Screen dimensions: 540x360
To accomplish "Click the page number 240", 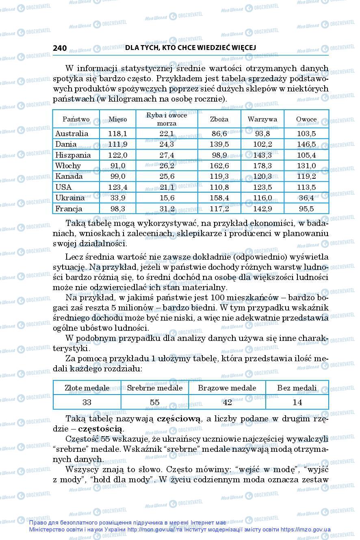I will [x=60, y=48].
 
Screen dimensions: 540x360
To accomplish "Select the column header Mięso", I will [x=117, y=119].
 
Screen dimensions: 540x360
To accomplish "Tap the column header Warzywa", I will [x=262, y=119].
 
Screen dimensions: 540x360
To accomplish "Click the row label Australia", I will [x=72, y=134].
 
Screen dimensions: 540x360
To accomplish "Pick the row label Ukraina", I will [x=70, y=198].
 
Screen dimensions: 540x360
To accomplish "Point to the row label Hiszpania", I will [x=73, y=155].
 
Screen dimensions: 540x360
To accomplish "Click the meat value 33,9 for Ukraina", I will [x=117, y=198].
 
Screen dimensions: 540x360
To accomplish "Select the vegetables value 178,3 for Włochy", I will [x=262, y=166].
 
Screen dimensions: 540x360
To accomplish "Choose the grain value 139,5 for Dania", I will [x=220, y=144].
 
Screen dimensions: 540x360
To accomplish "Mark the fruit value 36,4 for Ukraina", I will [x=306, y=198].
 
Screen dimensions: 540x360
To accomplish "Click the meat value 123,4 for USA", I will [x=117, y=187].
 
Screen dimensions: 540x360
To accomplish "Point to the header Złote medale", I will [x=87, y=388].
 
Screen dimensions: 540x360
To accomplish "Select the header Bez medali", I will [x=297, y=388].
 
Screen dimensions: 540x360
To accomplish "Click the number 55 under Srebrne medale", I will [x=154, y=402].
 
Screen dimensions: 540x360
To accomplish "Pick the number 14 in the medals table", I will [x=297, y=402].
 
